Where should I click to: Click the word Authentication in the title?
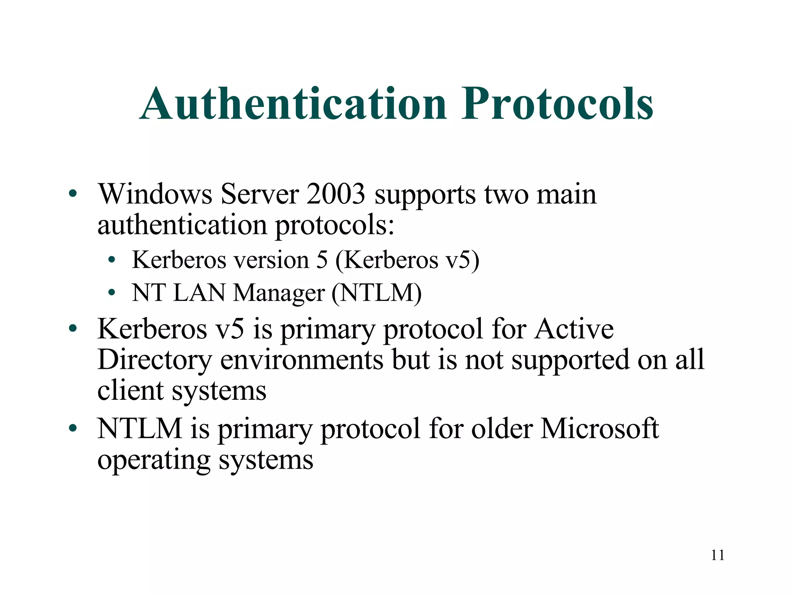pos(293,104)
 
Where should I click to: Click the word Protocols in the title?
pos(557,104)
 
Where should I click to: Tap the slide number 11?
pos(717,555)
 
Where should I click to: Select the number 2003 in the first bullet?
pos(336,194)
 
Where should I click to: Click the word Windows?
pos(155,194)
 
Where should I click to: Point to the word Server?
pos(259,194)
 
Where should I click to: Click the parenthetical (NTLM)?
pos(376,293)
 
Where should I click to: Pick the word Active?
pos(574,329)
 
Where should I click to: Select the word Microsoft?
pos(599,429)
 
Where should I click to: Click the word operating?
pos(154,461)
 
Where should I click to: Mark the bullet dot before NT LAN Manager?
pos(112,293)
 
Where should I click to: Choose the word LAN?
pos(199,293)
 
